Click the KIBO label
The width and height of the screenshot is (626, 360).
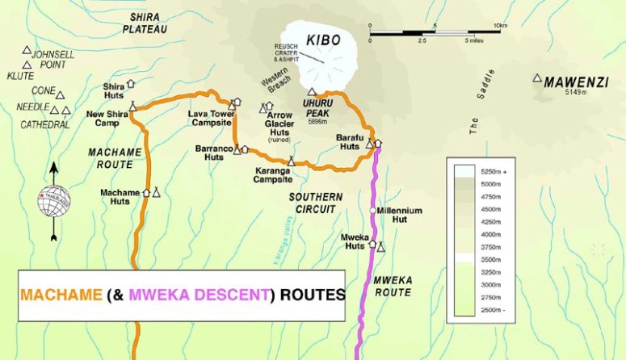click(x=323, y=40)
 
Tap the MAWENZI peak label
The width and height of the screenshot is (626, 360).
click(x=575, y=82)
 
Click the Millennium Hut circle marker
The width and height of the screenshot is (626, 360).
click(x=373, y=210)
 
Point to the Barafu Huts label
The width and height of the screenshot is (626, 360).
click(x=349, y=143)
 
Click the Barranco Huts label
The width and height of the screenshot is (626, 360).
click(x=209, y=153)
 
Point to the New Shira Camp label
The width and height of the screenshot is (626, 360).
click(x=107, y=119)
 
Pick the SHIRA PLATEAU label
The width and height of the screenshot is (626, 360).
click(x=145, y=23)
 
